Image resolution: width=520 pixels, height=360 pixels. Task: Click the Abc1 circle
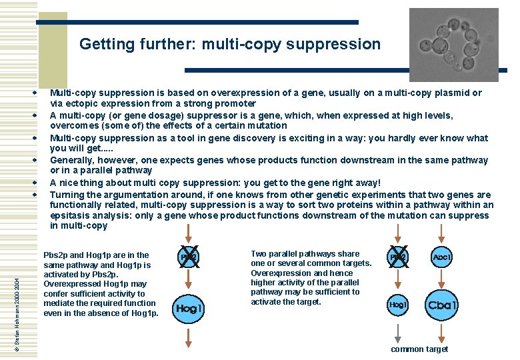(441, 257)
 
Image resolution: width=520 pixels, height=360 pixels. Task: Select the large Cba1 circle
(442, 305)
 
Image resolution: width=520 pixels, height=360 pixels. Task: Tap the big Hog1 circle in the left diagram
(189, 309)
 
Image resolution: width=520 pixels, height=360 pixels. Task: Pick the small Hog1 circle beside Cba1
(398, 305)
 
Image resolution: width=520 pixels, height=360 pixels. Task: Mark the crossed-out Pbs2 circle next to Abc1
(398, 257)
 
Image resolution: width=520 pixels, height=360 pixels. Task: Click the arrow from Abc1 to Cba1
(441, 279)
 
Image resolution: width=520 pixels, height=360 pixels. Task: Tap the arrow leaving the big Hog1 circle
(189, 338)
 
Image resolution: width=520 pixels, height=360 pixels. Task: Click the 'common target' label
(419, 349)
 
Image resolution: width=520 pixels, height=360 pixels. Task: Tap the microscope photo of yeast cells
(453, 44)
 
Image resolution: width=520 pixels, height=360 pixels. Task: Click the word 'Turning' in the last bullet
(67, 195)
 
